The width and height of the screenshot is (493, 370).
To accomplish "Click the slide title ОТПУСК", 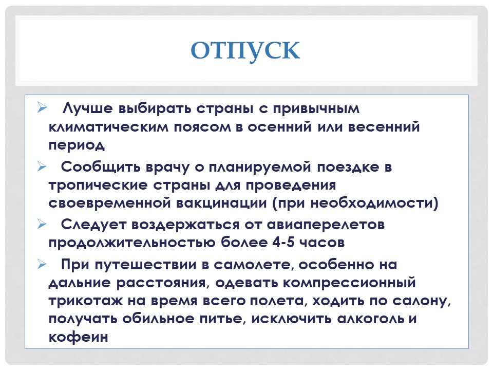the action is point(245,50).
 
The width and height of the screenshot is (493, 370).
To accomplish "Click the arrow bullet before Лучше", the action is point(42,107).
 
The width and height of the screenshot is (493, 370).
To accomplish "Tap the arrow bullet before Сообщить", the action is point(42,166).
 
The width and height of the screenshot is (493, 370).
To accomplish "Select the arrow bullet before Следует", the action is point(42,224).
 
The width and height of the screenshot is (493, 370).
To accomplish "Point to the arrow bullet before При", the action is point(42,264).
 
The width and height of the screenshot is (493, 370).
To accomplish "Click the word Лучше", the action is point(87,108).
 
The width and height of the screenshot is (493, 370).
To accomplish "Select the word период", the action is point(77,145).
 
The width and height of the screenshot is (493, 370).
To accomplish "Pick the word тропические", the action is point(98,185).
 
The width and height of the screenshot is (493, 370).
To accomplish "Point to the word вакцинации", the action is point(221,203).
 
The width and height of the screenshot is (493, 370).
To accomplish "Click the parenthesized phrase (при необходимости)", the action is point(355,203).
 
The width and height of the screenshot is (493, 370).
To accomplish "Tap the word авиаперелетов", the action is point(326,225).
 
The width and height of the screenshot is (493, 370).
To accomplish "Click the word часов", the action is point(323,243).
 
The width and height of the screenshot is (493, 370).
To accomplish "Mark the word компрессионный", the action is point(350,283).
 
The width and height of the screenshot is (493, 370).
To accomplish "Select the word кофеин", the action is point(78,337).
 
